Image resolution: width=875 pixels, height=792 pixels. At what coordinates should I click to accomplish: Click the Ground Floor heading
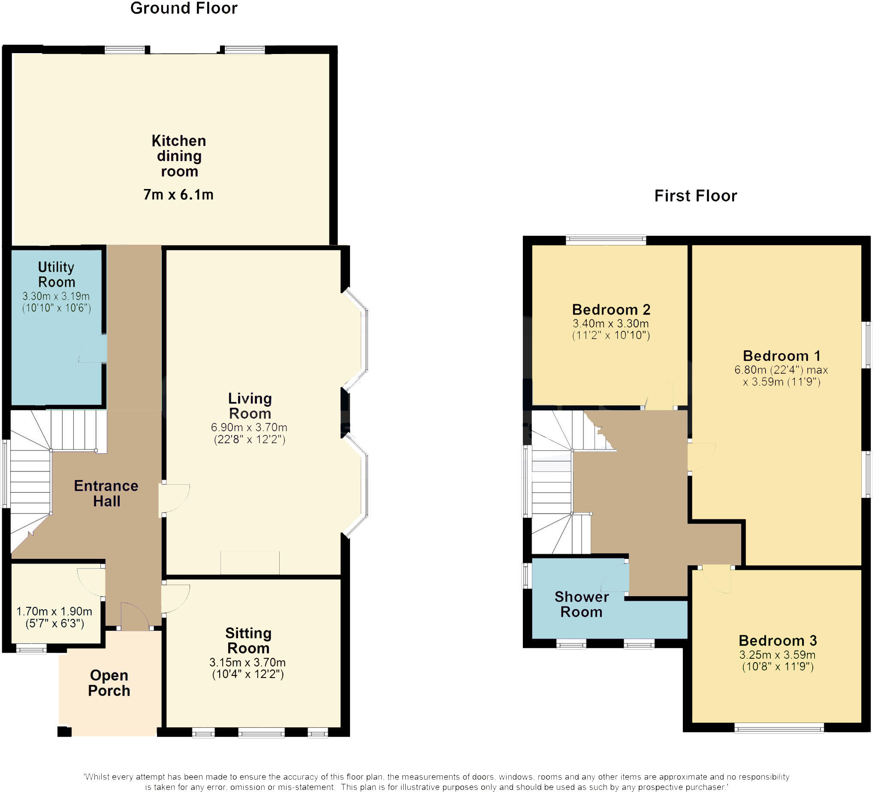pyautogui.click(x=184, y=9)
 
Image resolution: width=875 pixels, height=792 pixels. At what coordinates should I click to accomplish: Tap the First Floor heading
pyautogui.click(x=695, y=196)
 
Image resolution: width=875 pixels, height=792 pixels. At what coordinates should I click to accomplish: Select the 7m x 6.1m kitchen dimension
pyautogui.click(x=178, y=195)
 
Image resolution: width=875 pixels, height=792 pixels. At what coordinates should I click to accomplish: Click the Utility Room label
pyautogui.click(x=57, y=275)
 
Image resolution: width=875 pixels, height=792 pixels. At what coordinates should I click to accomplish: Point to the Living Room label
pyautogui.click(x=250, y=405)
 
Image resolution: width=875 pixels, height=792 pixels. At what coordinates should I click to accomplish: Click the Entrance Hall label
pyautogui.click(x=106, y=494)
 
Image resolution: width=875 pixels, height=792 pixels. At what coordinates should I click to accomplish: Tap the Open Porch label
pyautogui.click(x=109, y=683)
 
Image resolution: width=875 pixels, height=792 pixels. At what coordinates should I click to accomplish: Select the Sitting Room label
pyautogui.click(x=248, y=641)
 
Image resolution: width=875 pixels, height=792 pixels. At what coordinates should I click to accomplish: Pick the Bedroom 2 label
pyautogui.click(x=611, y=310)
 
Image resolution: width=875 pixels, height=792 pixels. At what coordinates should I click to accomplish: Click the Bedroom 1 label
pyautogui.click(x=781, y=356)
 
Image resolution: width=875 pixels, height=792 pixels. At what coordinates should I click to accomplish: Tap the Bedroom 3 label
pyautogui.click(x=778, y=641)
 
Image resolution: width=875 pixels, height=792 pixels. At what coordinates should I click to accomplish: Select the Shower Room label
pyautogui.click(x=581, y=604)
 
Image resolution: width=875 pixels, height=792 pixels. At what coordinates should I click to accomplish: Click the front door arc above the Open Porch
pyautogui.click(x=135, y=615)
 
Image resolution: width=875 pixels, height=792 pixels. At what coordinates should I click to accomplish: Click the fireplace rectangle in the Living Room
pyautogui.click(x=250, y=563)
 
